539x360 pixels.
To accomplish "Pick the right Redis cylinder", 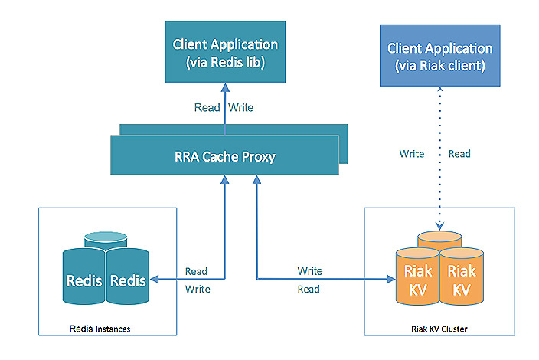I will click(x=127, y=280).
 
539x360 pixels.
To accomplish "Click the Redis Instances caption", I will click(x=100, y=329).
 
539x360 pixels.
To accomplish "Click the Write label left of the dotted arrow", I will click(x=412, y=154).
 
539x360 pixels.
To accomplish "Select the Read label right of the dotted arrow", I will click(x=459, y=154).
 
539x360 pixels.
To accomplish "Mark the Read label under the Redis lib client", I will click(x=207, y=108).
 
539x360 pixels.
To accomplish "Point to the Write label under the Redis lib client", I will click(x=241, y=108).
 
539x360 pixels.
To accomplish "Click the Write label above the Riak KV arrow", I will click(x=309, y=271).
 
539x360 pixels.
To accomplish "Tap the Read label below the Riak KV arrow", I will click(x=309, y=289).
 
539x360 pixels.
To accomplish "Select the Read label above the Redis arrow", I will click(x=196, y=271).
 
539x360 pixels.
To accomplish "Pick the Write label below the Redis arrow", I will click(x=197, y=289).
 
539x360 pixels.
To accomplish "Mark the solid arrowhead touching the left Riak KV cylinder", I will click(x=390, y=280).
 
